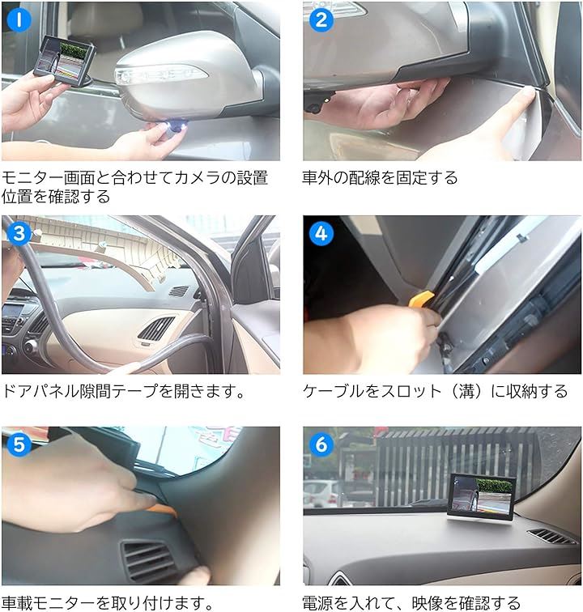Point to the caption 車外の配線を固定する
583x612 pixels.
tap(380, 177)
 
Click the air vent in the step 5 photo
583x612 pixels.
tap(150, 560)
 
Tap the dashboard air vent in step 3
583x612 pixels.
tap(156, 329)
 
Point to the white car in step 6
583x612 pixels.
tap(321, 491)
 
